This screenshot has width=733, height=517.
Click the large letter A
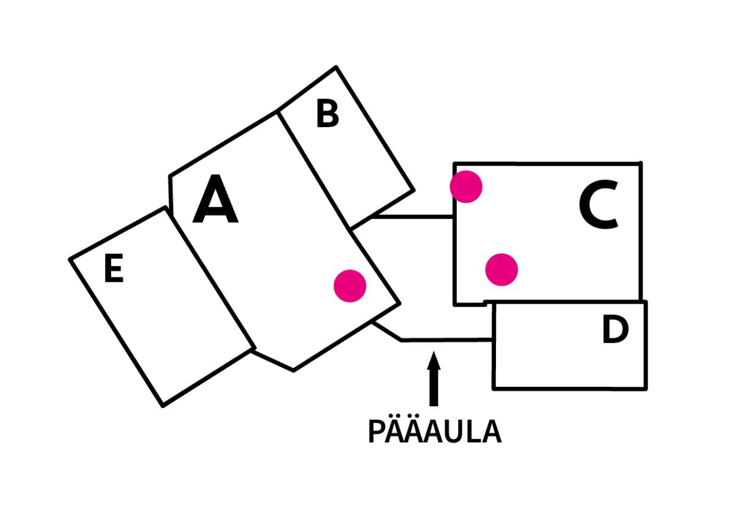(215, 200)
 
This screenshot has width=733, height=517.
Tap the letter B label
(327, 114)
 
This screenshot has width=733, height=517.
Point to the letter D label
(615, 331)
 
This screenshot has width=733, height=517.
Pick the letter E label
(114, 269)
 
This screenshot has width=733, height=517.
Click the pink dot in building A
(350, 285)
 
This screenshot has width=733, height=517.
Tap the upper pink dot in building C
(466, 186)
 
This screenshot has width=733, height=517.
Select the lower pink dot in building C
(501, 269)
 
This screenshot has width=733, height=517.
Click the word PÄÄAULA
(434, 432)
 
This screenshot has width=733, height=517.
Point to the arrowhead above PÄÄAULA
(434, 360)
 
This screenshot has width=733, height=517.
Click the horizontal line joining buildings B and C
(413, 216)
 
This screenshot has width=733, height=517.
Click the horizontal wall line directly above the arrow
(446, 340)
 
